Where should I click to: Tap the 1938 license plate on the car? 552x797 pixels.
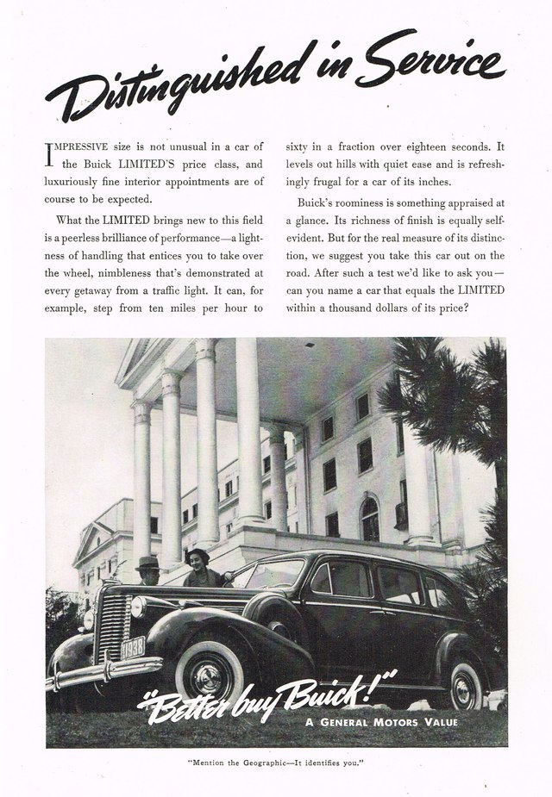tap(132, 647)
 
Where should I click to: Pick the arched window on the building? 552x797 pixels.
tap(369, 520)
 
